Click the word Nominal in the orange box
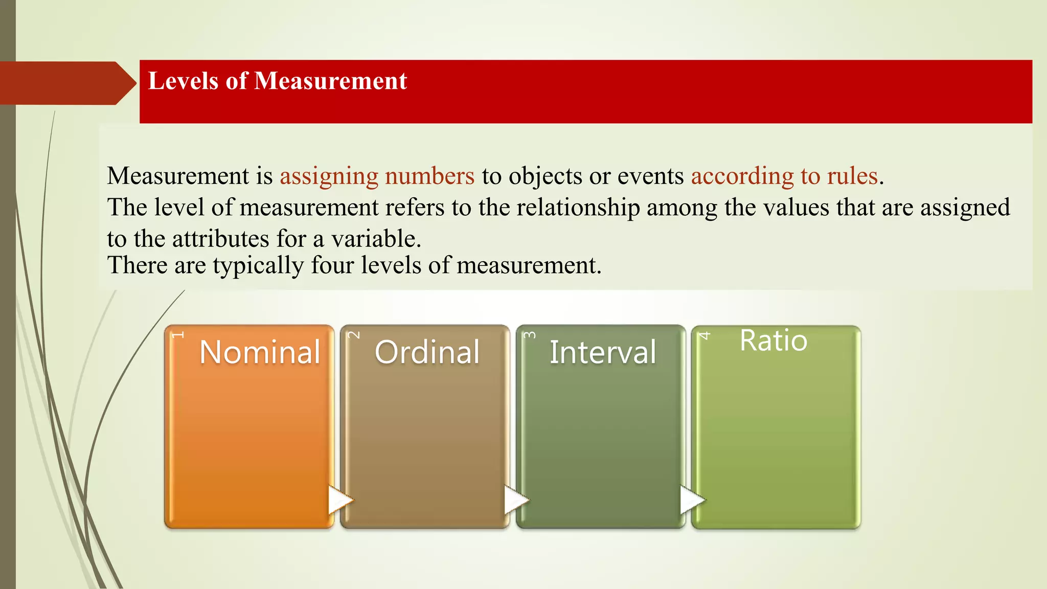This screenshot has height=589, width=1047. (x=260, y=352)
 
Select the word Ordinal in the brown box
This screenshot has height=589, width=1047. (x=427, y=352)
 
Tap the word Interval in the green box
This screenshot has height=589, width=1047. (x=603, y=352)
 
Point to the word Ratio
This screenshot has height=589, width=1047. (x=773, y=341)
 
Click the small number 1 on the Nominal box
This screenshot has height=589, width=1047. (x=177, y=335)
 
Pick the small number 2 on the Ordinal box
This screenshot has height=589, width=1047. (x=354, y=335)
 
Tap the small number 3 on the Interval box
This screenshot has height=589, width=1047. (x=530, y=335)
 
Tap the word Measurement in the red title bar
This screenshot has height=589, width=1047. (x=330, y=81)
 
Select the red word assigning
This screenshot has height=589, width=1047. (x=329, y=176)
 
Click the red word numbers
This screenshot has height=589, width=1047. (x=429, y=176)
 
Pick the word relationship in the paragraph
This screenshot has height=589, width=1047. (x=578, y=208)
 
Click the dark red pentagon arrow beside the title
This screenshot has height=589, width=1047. (x=66, y=83)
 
